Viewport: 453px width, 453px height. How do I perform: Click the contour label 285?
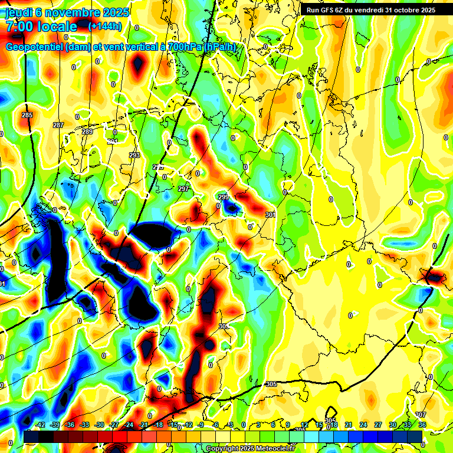click(27, 115)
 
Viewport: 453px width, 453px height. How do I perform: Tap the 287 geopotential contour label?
click(58, 125)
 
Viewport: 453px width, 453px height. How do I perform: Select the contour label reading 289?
click(87, 132)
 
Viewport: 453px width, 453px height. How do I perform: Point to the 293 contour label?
click(134, 155)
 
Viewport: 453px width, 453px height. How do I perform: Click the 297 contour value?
click(183, 189)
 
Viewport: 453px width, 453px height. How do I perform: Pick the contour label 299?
click(224, 197)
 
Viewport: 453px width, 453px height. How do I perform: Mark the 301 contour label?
click(270, 215)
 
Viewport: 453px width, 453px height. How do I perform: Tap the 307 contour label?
click(421, 415)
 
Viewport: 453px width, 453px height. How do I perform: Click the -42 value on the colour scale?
click(40, 425)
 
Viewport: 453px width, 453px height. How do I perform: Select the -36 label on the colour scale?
click(70, 425)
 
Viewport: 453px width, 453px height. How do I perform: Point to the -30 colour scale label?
click(99, 425)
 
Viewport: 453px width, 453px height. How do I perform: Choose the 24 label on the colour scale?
click(363, 425)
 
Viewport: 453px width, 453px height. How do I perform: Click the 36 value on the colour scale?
click(422, 425)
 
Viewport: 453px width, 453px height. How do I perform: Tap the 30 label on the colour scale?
click(392, 425)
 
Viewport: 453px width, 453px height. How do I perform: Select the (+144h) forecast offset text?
click(105, 26)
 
